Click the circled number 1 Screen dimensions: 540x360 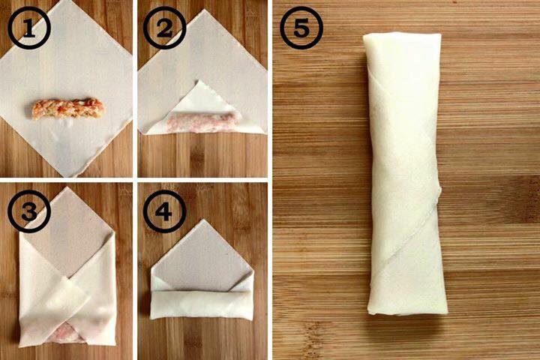coord(29,28)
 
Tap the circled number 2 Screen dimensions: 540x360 coord(164,28)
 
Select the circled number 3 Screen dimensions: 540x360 coord(29,211)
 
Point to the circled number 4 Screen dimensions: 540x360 coord(164,211)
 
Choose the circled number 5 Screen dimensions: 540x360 coord(301,28)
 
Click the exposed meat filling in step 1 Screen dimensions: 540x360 coord(67,108)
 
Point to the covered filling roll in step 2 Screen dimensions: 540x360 coord(202,123)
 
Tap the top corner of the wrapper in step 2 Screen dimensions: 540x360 coord(204,10)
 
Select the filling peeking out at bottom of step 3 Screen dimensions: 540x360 coord(66,334)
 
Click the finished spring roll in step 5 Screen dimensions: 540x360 coord(405,174)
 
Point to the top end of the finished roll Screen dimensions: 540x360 coord(402,34)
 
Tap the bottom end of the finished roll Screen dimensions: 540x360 coord(408,313)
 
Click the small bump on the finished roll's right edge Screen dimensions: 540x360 coord(439,192)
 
